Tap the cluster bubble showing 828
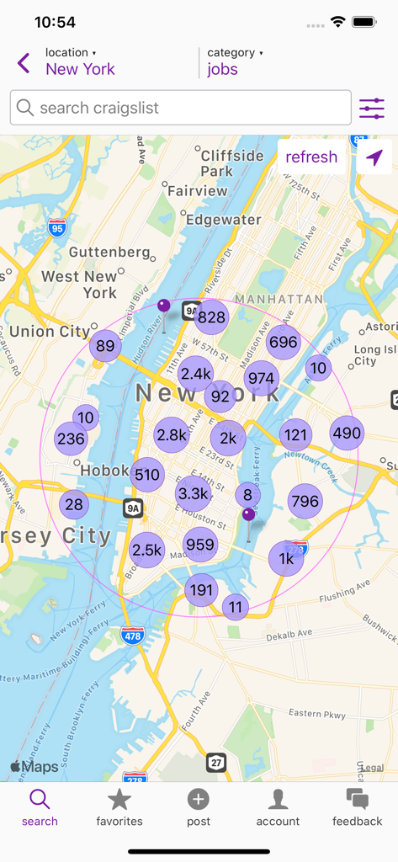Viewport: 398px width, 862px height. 212,317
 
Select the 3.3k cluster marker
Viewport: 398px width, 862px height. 194,493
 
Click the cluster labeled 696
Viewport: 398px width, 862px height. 284,342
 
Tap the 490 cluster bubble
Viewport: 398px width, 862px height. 347,433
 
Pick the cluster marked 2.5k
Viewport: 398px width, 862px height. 146,550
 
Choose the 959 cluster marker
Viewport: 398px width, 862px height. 200,545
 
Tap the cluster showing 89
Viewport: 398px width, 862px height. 105,345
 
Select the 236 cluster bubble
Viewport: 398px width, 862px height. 72,439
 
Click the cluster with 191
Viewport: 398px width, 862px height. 202,589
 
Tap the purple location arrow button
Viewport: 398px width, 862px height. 374,157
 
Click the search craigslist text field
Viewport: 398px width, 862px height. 181,108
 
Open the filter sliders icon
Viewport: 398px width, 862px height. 372,108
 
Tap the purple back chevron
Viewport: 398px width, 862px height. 24,62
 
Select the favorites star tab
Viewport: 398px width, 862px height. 119,806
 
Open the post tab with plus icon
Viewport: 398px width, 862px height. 199,806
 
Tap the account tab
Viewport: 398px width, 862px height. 278,806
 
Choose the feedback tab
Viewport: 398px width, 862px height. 358,806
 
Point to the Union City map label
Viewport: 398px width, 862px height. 49,331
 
